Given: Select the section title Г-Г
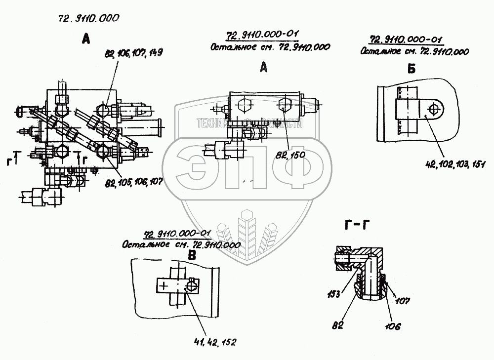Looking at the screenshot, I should click(356, 227).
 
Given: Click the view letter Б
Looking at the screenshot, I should click(412, 69).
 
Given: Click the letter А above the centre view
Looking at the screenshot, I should click(263, 69).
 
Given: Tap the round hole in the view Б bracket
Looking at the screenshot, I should click(433, 109).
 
